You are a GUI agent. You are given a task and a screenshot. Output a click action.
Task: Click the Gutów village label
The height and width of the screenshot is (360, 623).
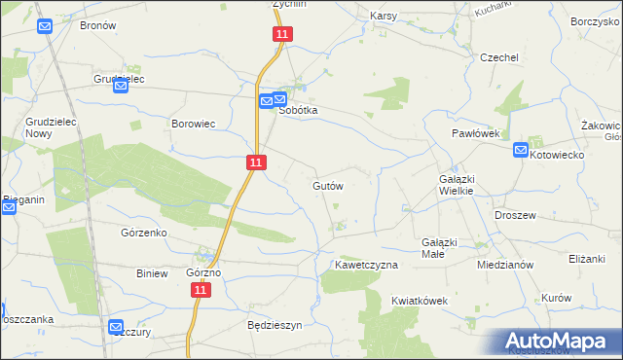[328, 185]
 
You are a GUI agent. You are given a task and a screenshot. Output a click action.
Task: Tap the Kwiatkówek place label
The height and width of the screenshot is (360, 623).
[420, 301]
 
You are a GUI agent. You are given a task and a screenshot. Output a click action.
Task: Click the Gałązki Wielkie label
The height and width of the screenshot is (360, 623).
[456, 185]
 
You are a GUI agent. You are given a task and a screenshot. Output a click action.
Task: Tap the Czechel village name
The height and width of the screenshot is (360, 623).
[498, 57]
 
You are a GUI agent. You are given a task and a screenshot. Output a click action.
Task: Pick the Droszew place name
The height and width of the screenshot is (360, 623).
[517, 215]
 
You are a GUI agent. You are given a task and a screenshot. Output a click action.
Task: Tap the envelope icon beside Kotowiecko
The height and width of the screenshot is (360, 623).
[521, 151]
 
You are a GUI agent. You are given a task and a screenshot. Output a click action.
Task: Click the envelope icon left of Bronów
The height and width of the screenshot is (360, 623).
[44, 25]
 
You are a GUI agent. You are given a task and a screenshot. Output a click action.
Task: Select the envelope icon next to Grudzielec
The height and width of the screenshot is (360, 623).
[121, 86]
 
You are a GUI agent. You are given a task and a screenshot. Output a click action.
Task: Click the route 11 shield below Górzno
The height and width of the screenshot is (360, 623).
[201, 290]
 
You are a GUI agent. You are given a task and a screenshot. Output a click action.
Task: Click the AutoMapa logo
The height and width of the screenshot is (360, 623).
[556, 341]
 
